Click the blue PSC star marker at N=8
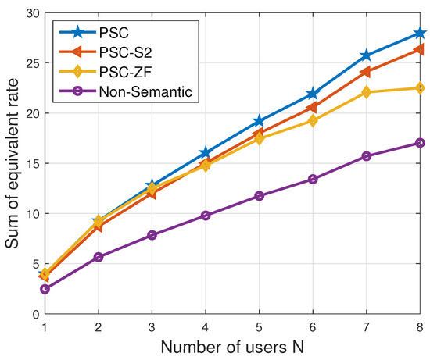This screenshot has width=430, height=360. (420, 33)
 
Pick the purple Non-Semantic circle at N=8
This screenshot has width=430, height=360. (420, 143)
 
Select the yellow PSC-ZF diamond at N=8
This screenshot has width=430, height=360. (420, 87)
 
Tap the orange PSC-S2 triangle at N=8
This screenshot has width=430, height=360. (419, 49)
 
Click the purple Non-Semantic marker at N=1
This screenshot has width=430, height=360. (45, 289)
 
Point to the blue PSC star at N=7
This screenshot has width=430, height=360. (367, 55)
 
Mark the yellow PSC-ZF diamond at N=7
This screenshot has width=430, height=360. (367, 92)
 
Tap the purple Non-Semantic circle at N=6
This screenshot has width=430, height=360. (313, 179)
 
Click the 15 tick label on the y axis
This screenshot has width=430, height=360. (30, 163)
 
